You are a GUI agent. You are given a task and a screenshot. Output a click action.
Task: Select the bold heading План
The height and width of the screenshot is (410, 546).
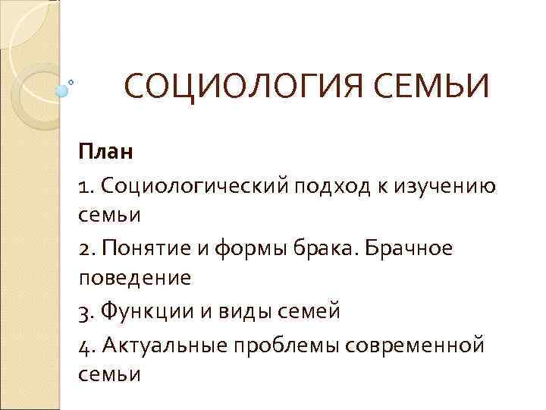click(105, 152)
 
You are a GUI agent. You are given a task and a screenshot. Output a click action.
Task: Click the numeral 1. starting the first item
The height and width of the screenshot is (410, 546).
click(85, 185)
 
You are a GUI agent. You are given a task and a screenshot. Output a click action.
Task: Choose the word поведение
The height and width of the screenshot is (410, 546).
click(135, 278)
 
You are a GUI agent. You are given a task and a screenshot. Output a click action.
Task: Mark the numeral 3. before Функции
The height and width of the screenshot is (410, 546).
click(86, 311)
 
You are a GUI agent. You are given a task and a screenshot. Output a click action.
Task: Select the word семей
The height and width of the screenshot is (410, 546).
click(312, 311)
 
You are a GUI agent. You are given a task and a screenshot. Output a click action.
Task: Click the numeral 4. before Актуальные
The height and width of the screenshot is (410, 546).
click(86, 344)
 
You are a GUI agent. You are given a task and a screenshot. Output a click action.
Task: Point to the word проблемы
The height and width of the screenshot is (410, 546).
click(292, 344)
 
